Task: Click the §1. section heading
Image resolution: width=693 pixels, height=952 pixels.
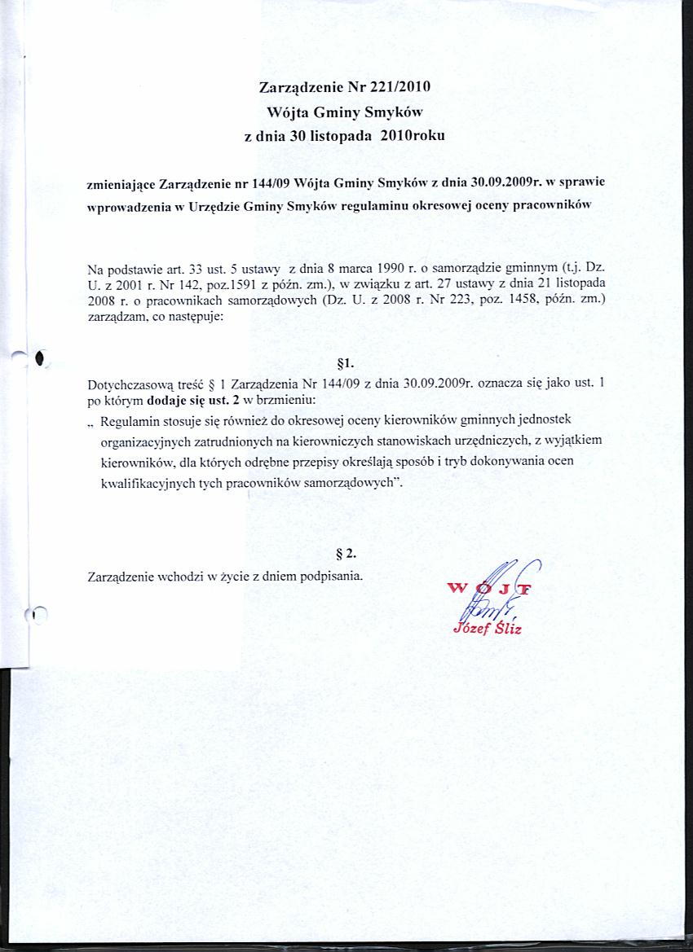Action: pos(344,364)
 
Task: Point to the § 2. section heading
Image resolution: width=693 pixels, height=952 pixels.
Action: pos(346,553)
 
